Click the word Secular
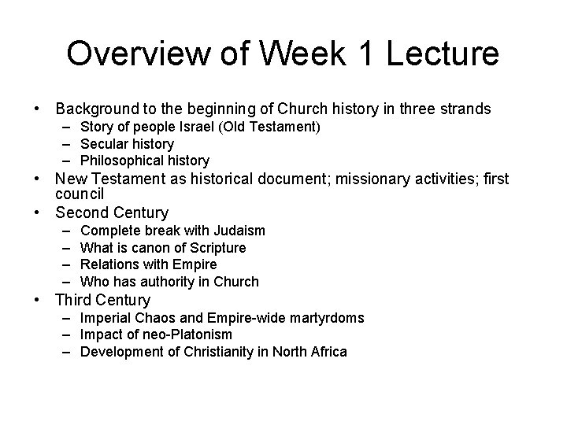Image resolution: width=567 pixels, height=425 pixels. click(x=105, y=144)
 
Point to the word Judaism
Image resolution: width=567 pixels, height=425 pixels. click(x=238, y=231)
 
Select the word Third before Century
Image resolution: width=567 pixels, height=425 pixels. click(x=75, y=300)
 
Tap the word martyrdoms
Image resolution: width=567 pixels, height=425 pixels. click(x=324, y=318)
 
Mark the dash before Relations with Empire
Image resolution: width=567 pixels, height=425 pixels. click(x=63, y=264)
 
